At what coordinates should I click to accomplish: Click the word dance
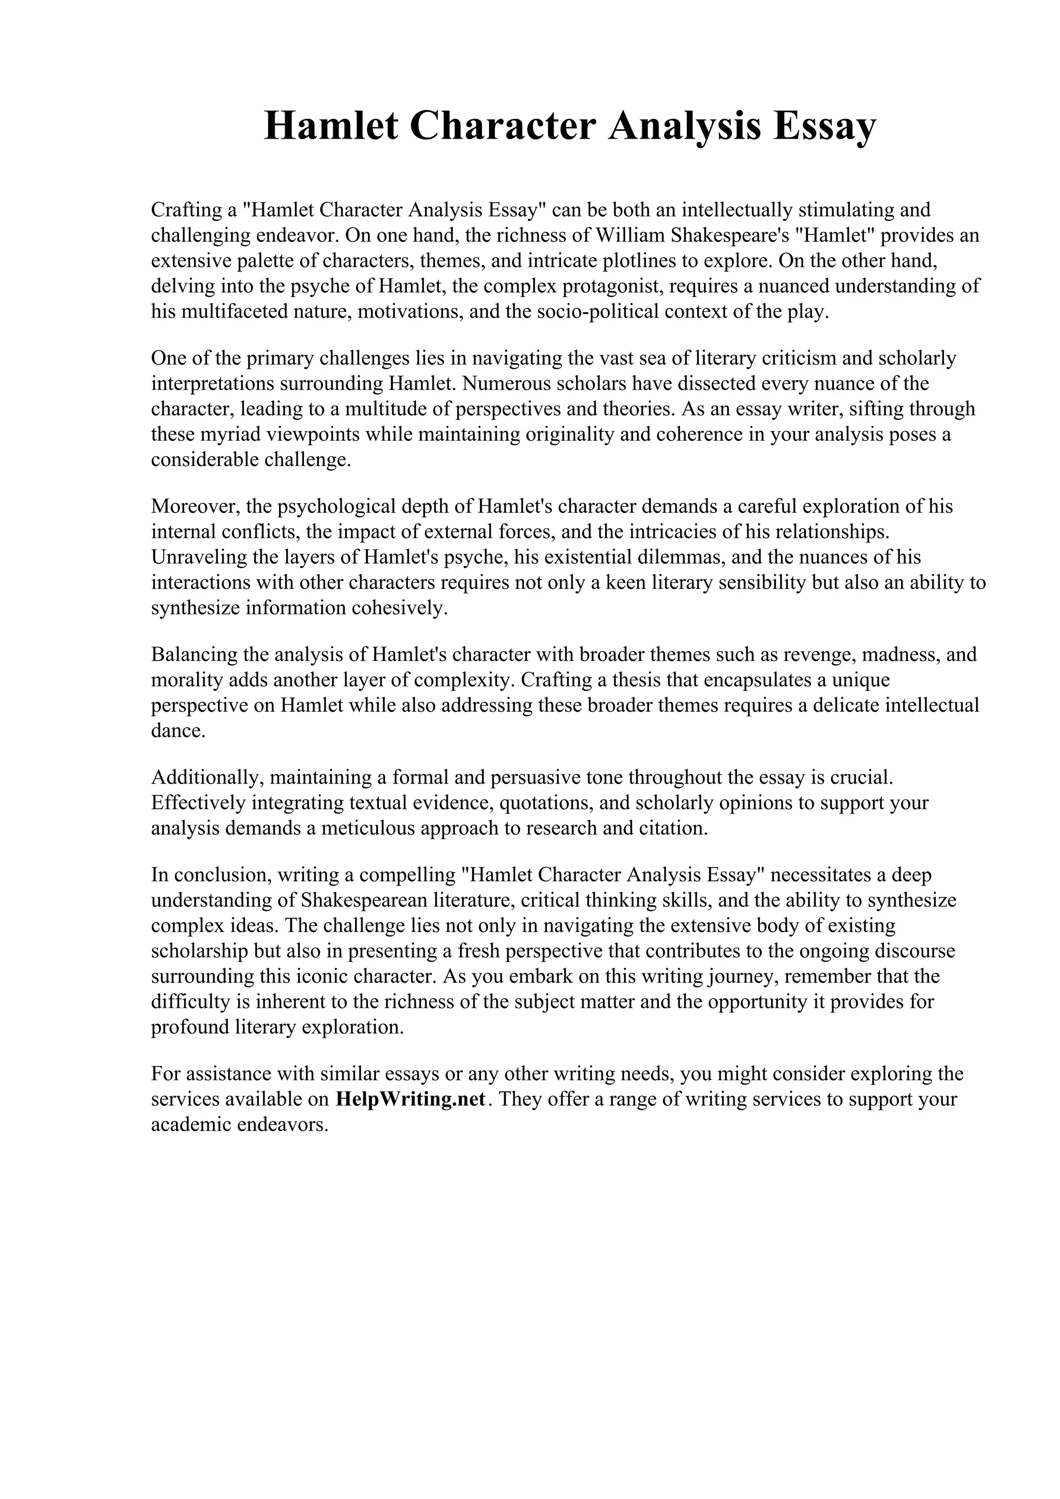(x=178, y=730)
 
